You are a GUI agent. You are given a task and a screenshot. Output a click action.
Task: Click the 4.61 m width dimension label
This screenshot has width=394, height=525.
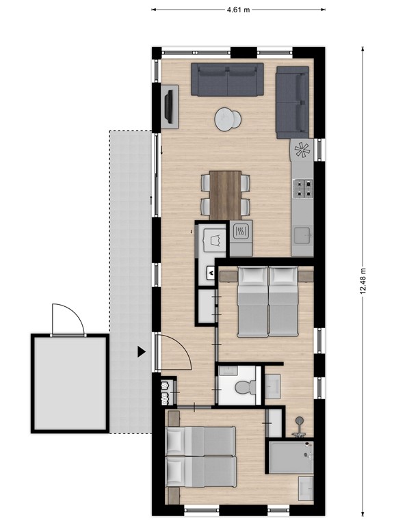click(237, 10)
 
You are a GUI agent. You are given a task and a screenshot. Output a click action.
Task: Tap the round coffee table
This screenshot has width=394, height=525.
click(228, 120)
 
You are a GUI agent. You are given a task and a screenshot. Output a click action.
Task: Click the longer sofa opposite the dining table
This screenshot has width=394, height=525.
click(226, 79)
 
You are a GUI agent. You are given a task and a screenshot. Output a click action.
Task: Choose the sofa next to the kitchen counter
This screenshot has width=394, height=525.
click(293, 103)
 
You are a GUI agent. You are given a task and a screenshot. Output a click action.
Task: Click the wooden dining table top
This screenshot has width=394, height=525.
click(225, 194)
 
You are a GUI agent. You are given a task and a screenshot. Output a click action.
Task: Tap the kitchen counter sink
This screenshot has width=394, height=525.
click(302, 236)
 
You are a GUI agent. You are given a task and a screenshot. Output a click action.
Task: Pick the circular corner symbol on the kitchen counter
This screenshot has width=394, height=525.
click(302, 149)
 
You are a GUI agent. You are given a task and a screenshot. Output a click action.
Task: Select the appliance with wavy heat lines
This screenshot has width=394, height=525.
click(240, 232)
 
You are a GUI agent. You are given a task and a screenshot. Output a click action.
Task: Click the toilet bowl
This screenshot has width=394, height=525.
click(243, 388)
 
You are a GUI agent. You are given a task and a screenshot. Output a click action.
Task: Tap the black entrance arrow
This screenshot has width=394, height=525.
click(141, 352)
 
